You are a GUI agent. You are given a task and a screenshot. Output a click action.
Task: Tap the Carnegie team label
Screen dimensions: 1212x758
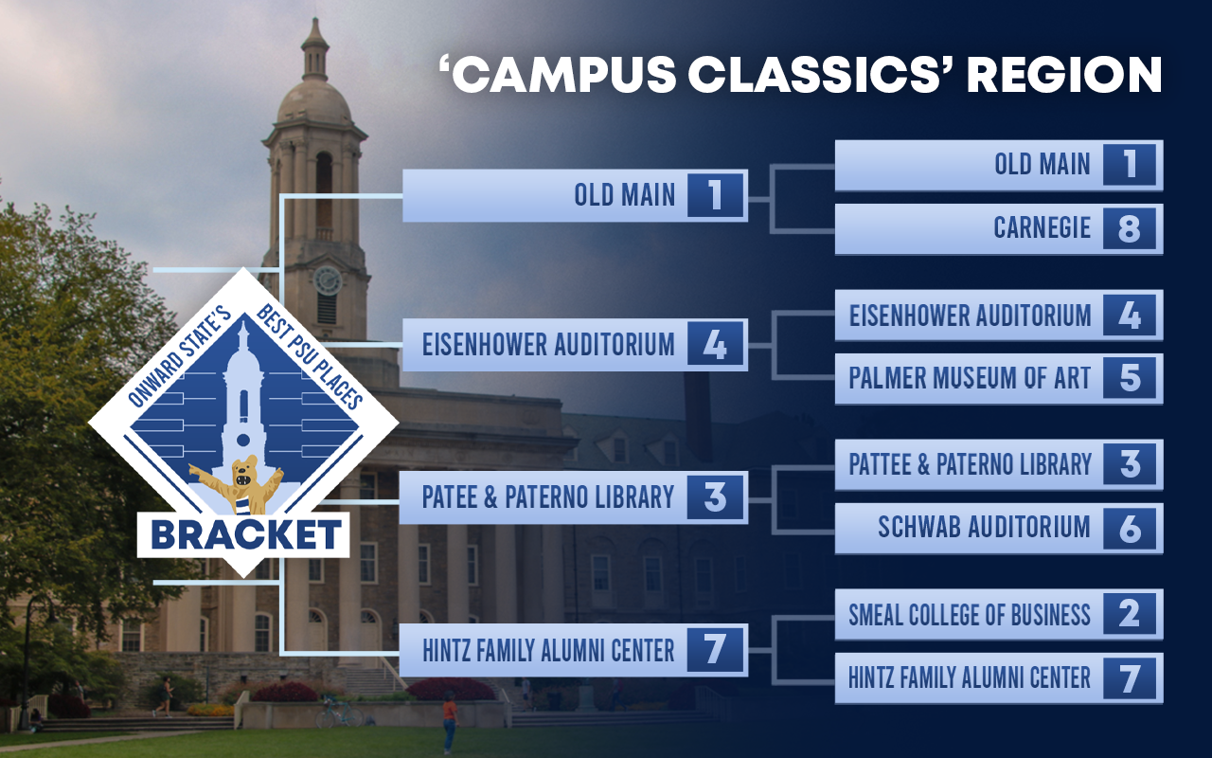click(x=1043, y=228)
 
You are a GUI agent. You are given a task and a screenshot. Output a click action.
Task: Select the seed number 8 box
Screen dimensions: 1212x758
click(x=1130, y=228)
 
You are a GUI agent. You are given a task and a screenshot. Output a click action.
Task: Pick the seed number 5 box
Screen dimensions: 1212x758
click(x=1130, y=378)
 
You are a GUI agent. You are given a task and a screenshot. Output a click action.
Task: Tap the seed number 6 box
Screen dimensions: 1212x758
click(x=1130, y=529)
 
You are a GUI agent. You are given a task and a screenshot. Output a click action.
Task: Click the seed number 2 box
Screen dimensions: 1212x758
click(x=1130, y=615)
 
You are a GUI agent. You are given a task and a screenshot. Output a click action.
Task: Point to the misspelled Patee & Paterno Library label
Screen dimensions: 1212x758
click(x=547, y=497)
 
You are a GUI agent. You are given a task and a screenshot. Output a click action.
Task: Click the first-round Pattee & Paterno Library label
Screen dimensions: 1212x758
click(x=970, y=464)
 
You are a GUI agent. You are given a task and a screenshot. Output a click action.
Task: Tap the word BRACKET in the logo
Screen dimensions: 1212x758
click(x=246, y=535)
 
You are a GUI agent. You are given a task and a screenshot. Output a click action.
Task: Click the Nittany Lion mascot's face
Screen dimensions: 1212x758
click(x=245, y=472)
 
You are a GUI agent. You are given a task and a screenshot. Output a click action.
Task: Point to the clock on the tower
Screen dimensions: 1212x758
click(x=328, y=280)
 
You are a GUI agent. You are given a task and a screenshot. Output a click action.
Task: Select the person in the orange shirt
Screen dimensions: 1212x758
click(x=450, y=722)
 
